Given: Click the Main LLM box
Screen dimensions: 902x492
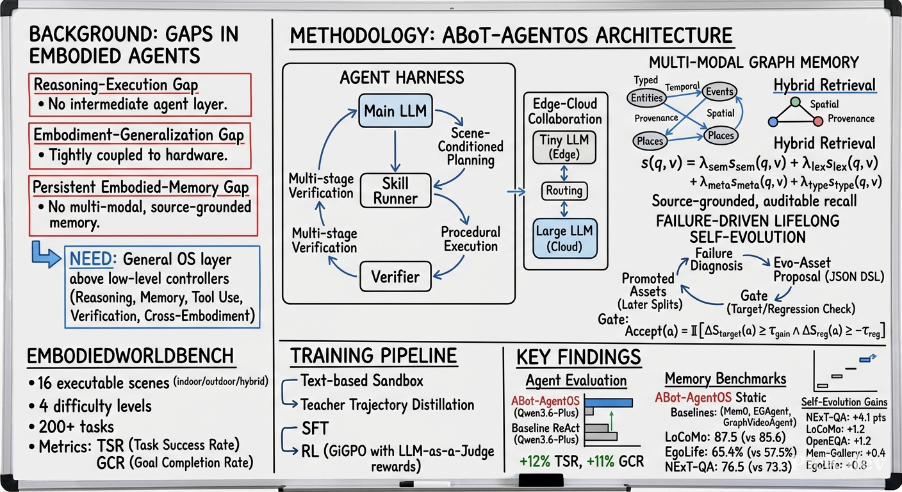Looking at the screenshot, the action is (395, 111).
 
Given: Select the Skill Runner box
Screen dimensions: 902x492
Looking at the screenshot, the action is (395, 190).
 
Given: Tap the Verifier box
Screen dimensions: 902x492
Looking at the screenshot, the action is (395, 277).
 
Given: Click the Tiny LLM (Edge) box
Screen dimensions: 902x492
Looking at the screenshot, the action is (564, 147).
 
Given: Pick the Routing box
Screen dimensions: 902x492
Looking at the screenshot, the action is (564, 190).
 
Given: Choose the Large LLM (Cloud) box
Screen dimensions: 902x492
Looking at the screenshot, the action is (564, 238).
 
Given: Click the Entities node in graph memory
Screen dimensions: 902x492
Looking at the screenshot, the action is (646, 98).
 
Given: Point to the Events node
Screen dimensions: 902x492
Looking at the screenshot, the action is (719, 92).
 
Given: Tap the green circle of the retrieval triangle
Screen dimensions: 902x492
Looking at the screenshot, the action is (795, 102).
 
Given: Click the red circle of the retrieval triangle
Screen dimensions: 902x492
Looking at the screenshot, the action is (818, 121).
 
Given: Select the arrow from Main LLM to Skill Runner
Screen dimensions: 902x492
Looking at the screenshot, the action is (395, 151).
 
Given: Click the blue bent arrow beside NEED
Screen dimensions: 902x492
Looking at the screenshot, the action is (46, 254).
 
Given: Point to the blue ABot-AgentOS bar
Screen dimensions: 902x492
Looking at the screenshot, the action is (609, 402).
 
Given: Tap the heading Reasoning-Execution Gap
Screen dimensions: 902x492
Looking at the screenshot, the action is (116, 85).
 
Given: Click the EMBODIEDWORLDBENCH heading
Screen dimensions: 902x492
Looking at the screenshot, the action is (131, 356).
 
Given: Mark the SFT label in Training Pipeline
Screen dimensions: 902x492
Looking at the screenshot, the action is (315, 429).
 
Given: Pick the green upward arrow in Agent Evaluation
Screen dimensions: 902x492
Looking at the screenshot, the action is (611, 427).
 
